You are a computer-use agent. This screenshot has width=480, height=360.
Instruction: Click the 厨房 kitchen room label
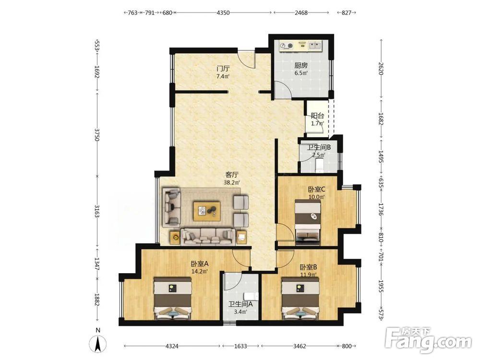click(x=301, y=65)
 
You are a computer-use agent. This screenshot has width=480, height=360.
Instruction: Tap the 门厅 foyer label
click(x=223, y=68)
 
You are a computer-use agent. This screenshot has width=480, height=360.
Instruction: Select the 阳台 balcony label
click(x=317, y=116)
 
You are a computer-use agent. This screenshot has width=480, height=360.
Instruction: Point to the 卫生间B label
click(x=319, y=147)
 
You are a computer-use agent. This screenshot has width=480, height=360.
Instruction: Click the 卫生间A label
click(x=240, y=304)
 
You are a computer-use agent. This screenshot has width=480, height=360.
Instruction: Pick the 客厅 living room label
click(x=232, y=175)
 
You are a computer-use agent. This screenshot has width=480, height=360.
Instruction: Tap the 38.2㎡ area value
click(x=232, y=183)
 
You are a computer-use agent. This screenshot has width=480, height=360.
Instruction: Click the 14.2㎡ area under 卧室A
click(x=200, y=271)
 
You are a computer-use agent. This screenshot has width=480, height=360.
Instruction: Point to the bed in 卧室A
click(x=173, y=299)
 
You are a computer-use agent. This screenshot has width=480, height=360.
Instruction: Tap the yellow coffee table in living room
click(x=207, y=211)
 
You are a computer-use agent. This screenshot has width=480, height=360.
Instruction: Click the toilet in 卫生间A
click(x=252, y=296)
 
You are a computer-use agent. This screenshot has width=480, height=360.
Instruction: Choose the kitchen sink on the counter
click(x=314, y=46)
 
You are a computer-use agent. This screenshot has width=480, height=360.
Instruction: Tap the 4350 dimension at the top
click(x=223, y=13)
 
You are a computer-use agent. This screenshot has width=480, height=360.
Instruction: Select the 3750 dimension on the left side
click(x=97, y=135)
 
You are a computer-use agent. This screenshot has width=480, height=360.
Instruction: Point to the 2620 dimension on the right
click(x=381, y=68)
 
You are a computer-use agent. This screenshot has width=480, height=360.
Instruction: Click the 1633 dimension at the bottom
click(x=240, y=346)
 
